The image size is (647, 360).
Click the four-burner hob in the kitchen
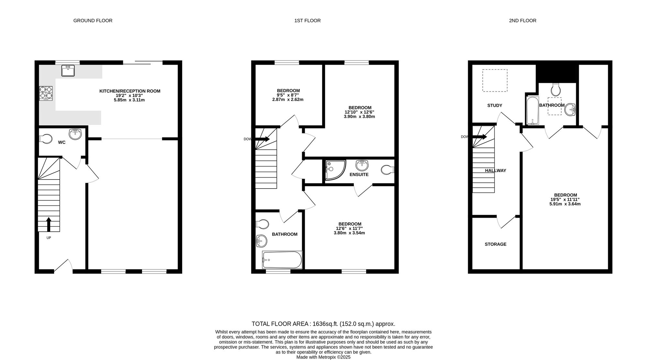point(46,93)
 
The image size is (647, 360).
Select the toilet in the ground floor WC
point(45,139)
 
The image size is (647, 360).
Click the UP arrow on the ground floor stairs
point(49,224)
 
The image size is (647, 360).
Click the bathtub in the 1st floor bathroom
point(282,260)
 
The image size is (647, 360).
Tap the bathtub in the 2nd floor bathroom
point(532,110)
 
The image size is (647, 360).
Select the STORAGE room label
point(495,244)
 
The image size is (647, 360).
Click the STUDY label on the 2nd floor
point(495,105)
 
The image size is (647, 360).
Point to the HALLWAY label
point(495,170)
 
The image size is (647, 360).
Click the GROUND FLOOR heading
point(93,21)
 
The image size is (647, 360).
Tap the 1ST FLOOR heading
point(307,21)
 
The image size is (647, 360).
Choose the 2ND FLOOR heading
point(522,21)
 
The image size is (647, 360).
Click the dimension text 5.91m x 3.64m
point(565,204)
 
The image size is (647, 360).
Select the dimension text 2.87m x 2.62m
point(288,100)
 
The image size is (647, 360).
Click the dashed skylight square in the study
point(495,81)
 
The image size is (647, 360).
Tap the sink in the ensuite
point(362,165)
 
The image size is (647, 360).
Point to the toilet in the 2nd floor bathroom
point(556,89)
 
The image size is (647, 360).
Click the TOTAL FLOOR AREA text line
point(323,324)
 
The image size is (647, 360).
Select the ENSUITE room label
point(359,175)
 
